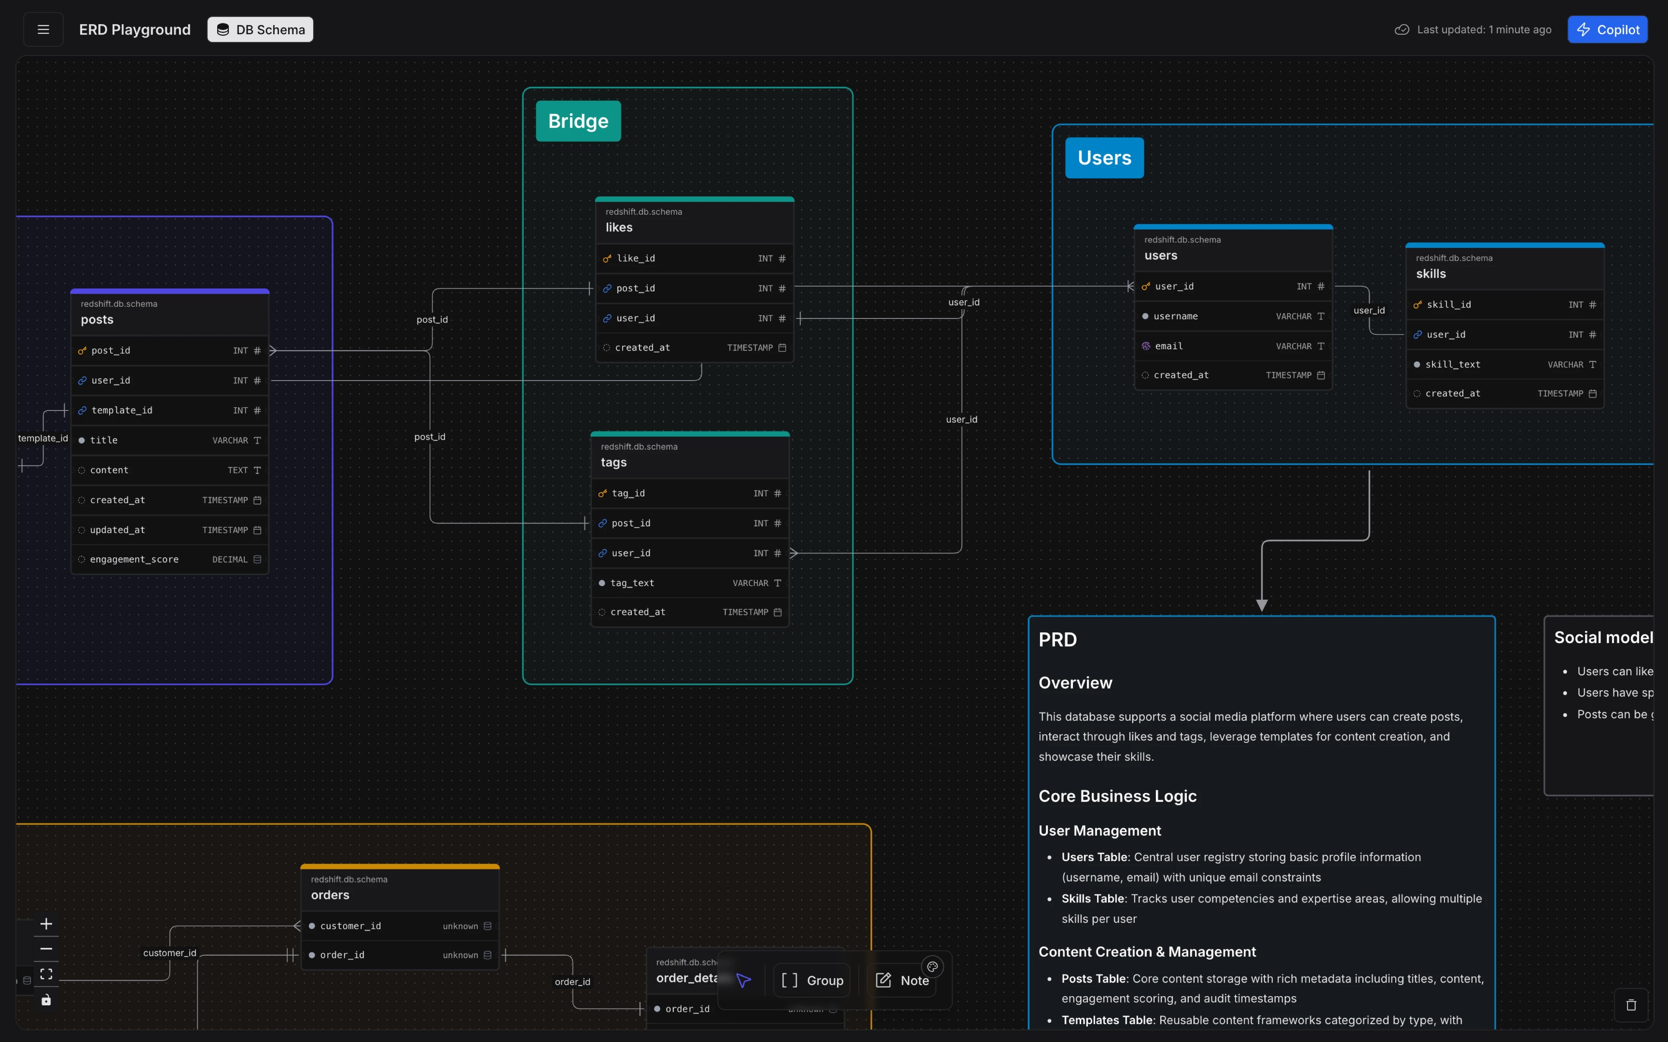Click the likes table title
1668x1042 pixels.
pos(619,228)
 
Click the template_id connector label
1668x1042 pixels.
pos(43,438)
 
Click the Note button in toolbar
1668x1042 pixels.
pos(902,980)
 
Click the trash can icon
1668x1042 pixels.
pos(1631,1005)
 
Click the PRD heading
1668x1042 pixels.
pos(1058,639)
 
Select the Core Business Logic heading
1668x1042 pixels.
pos(1117,796)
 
